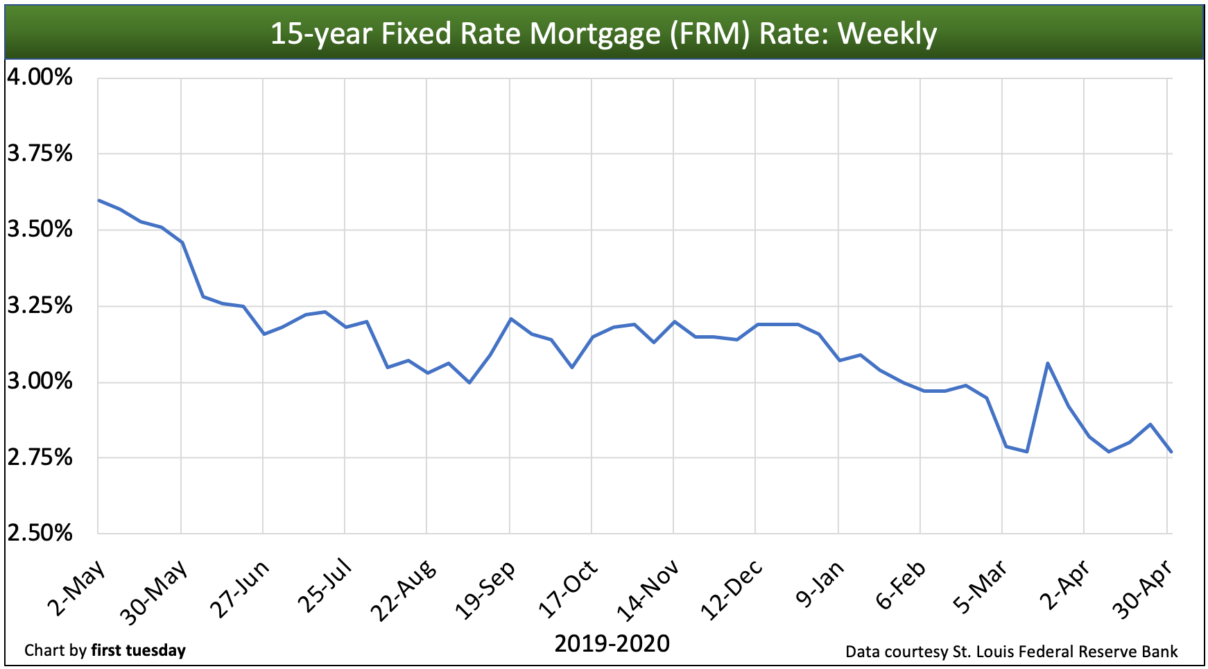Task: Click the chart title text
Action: (x=603, y=33)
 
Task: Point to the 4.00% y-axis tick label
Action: (x=40, y=77)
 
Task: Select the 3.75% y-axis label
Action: (x=40, y=153)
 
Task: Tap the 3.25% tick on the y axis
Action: (x=40, y=305)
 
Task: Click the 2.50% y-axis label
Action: (x=40, y=533)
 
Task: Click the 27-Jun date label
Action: (x=240, y=588)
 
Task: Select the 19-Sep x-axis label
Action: (x=486, y=588)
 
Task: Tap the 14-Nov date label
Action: (x=648, y=588)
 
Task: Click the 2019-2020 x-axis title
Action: (x=612, y=644)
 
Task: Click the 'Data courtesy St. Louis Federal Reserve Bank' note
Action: (x=1011, y=652)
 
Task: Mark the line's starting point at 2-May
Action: (x=98, y=200)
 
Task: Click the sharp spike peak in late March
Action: (x=1048, y=363)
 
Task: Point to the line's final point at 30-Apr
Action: (x=1171, y=452)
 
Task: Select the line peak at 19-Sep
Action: (x=510, y=319)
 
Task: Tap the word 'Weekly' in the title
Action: (x=888, y=33)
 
